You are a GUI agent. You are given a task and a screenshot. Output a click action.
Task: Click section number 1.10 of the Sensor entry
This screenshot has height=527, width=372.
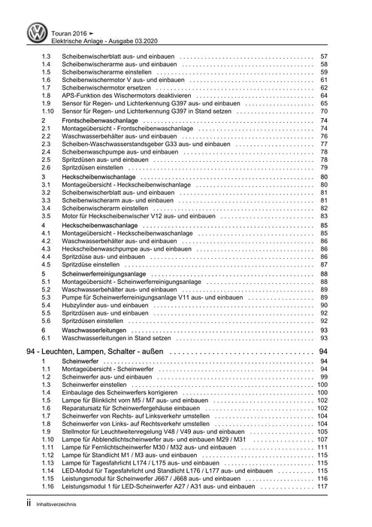[47, 111]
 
